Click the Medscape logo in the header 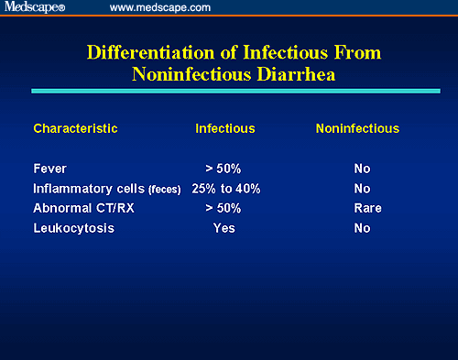[x=39, y=7]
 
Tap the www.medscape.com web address [x=159, y=7]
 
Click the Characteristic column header [x=75, y=128]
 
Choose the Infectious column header [x=224, y=128]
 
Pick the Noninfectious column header [x=357, y=128]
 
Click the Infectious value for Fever [x=224, y=169]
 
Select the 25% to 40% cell [x=226, y=189]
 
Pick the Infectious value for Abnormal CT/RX [x=224, y=208]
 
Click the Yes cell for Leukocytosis [x=224, y=228]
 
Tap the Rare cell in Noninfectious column [x=362, y=208]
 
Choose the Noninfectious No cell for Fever [x=362, y=169]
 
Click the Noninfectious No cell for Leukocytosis [x=362, y=228]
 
